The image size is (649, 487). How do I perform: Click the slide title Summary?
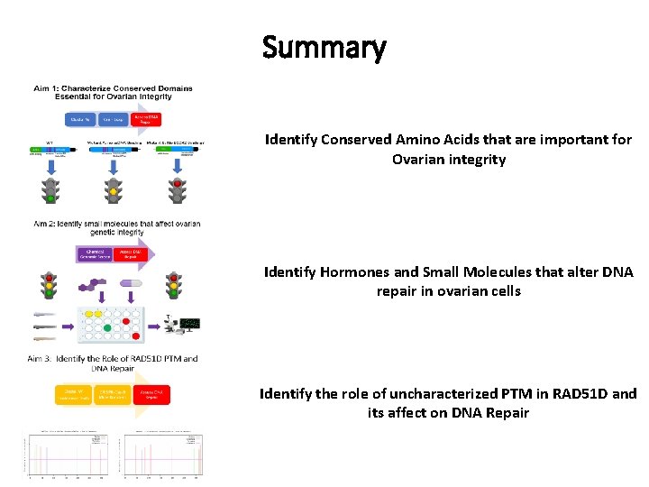(x=324, y=47)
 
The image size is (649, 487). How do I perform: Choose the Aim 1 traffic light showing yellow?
(x=113, y=191)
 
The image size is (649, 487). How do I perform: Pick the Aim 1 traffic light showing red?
(x=177, y=191)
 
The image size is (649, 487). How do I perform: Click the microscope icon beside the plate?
(x=169, y=323)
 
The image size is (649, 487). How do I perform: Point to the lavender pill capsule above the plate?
(x=132, y=285)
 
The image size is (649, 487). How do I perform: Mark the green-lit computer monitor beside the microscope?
(x=189, y=323)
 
